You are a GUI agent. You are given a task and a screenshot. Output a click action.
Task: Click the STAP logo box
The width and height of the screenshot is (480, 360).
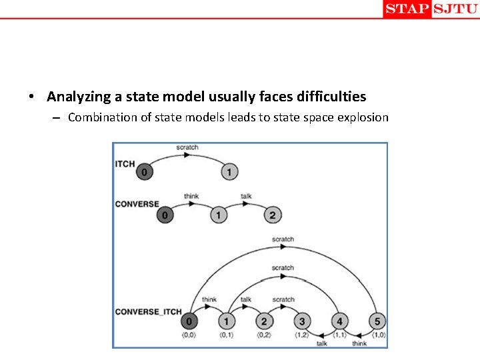click(x=407, y=9)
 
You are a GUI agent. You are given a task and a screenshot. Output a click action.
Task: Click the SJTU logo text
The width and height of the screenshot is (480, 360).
click(x=455, y=9)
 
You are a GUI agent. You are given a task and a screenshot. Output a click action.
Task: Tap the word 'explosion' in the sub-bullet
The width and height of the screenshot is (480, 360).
click(x=363, y=117)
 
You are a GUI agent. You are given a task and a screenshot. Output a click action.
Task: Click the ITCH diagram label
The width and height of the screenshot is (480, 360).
click(x=125, y=164)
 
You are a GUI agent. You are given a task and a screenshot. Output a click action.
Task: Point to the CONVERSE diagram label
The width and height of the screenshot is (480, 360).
click(x=137, y=204)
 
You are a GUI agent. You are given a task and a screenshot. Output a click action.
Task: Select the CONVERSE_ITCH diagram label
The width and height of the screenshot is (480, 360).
click(x=148, y=311)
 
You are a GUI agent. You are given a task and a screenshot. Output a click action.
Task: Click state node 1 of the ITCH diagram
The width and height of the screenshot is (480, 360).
click(x=229, y=172)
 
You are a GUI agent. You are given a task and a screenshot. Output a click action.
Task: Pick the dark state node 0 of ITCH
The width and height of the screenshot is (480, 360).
click(x=145, y=172)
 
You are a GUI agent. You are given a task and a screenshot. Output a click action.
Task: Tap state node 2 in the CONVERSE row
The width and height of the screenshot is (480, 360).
click(x=272, y=215)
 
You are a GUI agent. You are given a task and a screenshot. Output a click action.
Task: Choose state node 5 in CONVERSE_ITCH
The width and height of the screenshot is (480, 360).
click(x=376, y=322)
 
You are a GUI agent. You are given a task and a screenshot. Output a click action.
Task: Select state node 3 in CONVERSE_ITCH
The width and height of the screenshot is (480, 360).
click(x=301, y=322)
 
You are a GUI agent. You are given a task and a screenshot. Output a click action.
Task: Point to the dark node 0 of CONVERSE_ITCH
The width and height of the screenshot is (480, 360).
click(x=189, y=322)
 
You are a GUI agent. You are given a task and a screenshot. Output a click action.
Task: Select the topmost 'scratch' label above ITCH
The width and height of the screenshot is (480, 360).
click(x=187, y=147)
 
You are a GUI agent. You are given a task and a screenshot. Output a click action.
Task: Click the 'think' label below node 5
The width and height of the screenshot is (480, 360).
click(x=359, y=343)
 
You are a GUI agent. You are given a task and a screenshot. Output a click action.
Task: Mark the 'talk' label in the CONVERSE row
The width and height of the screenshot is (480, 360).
click(x=246, y=196)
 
